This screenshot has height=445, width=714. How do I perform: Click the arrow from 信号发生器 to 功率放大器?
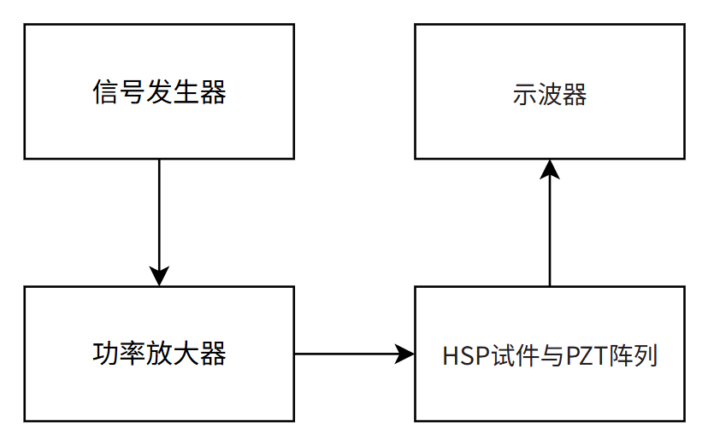[159, 218]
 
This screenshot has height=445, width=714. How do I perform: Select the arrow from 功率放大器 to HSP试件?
[351, 354]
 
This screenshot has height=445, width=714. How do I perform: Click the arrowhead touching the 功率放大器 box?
[159, 276]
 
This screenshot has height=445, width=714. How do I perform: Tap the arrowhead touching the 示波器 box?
[549, 169]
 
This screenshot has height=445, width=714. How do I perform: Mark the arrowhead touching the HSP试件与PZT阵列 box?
[404, 354]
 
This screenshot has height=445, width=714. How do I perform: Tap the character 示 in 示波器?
[524, 94]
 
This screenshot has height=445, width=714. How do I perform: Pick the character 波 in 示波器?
[549, 94]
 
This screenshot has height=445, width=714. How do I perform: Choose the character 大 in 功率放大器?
[186, 354]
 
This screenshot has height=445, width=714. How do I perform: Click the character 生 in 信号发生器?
[186, 92]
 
